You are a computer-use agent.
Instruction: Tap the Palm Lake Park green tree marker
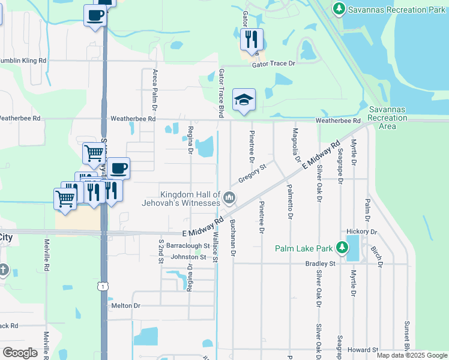coord(342,247)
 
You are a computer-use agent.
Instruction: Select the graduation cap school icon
coord(244,99)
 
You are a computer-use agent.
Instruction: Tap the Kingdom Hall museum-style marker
coord(229,197)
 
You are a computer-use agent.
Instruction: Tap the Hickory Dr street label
coord(362,232)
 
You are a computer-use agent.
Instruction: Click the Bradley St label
coord(319,263)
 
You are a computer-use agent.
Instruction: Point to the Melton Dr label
coord(125,305)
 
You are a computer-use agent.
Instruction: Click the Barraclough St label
coord(187,245)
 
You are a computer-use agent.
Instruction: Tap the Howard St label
coord(362,350)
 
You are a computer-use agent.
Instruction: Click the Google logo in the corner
coord(20,353)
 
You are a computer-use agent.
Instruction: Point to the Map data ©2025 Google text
coord(412,355)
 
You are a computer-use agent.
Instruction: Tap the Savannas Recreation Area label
coord(390,118)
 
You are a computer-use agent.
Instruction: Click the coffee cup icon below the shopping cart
coord(118,168)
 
